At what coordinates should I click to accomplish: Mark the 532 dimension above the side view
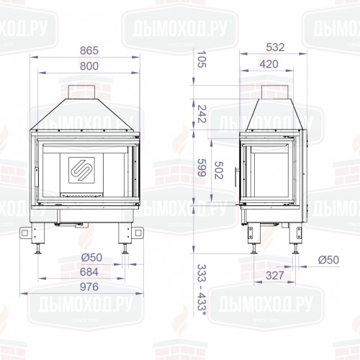coord(275,48)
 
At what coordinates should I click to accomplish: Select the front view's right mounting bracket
coord(134,233)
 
